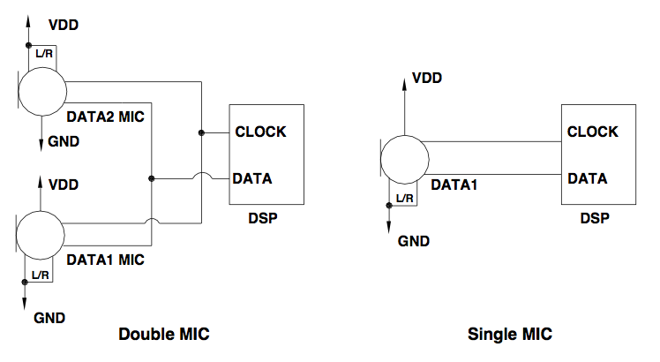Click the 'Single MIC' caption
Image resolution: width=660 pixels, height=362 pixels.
click(509, 336)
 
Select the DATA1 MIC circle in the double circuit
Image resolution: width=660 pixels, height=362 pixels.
click(41, 234)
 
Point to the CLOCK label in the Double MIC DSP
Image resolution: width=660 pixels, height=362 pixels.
click(260, 132)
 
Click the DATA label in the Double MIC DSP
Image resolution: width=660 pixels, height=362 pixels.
click(252, 178)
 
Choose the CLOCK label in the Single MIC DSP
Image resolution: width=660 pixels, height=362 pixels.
click(593, 132)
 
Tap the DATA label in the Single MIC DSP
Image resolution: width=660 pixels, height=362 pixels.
click(587, 177)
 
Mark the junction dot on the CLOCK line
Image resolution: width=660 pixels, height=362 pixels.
click(202, 132)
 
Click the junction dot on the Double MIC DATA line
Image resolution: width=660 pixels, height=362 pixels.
click(153, 178)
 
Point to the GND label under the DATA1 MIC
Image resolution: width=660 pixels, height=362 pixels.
click(49, 316)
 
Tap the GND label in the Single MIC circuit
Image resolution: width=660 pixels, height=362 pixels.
click(414, 239)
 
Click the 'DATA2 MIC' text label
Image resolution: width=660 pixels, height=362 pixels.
click(105, 116)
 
